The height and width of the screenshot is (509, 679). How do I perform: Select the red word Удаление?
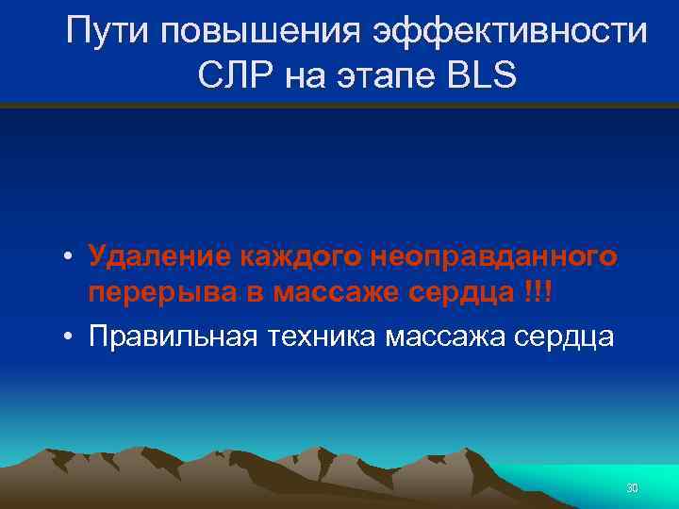[x=157, y=256]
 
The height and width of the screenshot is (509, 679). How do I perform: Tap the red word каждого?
[x=299, y=256]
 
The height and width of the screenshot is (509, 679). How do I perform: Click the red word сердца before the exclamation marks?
[x=470, y=296]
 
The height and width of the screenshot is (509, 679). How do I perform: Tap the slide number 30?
[x=632, y=487]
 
